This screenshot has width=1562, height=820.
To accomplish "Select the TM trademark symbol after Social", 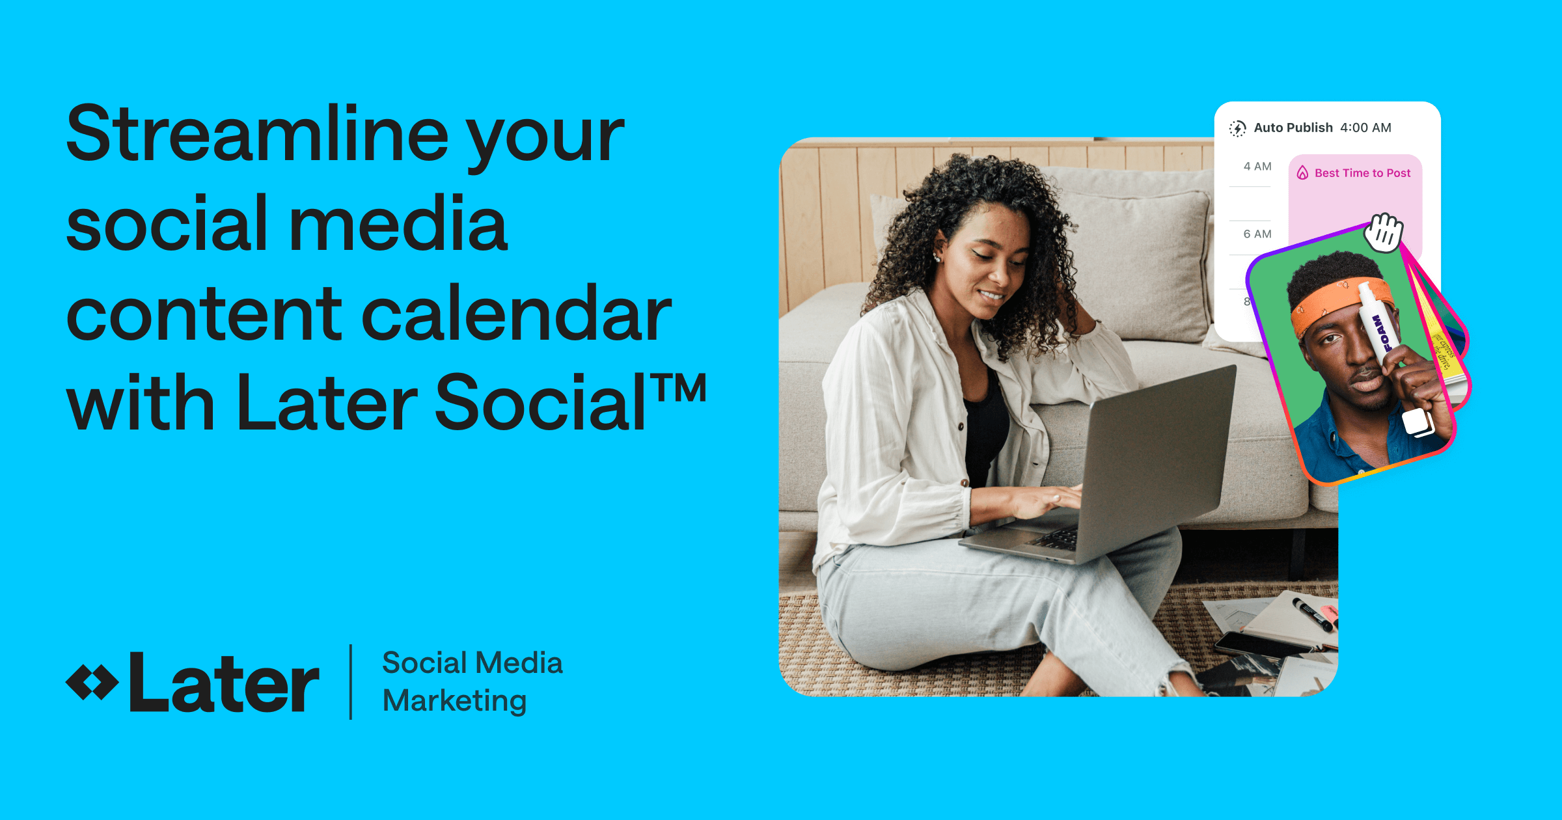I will click(x=680, y=389).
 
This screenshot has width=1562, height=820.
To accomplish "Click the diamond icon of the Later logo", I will click(x=92, y=683).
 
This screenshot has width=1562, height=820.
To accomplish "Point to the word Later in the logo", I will click(x=224, y=683).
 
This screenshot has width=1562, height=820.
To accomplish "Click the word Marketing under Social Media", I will click(x=454, y=702).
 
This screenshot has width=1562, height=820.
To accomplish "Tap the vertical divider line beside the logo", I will click(x=351, y=682).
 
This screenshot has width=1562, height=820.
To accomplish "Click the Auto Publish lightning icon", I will click(x=1237, y=128).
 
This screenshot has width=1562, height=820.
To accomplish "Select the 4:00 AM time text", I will click(x=1365, y=128).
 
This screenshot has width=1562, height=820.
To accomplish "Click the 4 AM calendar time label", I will click(x=1257, y=167).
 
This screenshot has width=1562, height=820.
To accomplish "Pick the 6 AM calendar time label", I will click(x=1257, y=234).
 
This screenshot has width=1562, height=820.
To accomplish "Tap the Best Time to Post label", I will click(x=1362, y=173).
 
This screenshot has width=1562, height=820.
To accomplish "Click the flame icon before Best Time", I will click(x=1302, y=173).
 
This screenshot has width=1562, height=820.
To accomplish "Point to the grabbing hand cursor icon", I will click(x=1384, y=232).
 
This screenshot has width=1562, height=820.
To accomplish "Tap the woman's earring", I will click(x=938, y=258).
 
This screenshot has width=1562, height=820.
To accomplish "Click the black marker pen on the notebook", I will click(x=1311, y=614).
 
